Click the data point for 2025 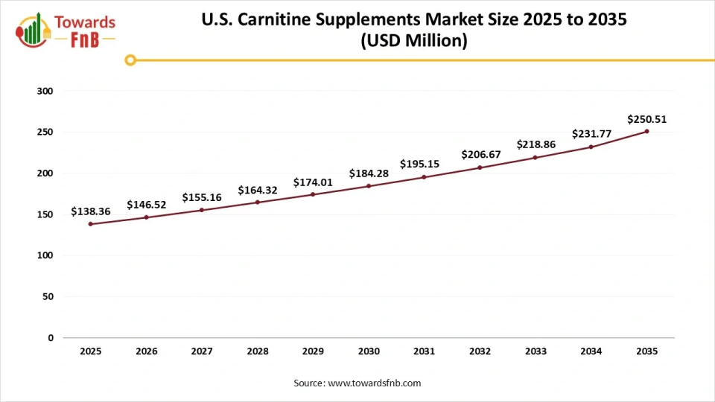(x=91, y=224)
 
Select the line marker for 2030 (x=369, y=186)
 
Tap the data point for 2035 (x=646, y=132)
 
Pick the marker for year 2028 (x=258, y=202)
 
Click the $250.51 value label (x=646, y=119)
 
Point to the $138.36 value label (x=91, y=211)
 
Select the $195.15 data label (x=424, y=164)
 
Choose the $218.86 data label (x=536, y=144)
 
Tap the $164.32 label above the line (x=258, y=190)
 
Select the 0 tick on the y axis (x=51, y=338)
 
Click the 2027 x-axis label (x=202, y=351)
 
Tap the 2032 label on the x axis (x=480, y=351)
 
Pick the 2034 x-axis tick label (x=591, y=351)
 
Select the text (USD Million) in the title (x=414, y=42)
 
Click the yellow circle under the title (x=130, y=60)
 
